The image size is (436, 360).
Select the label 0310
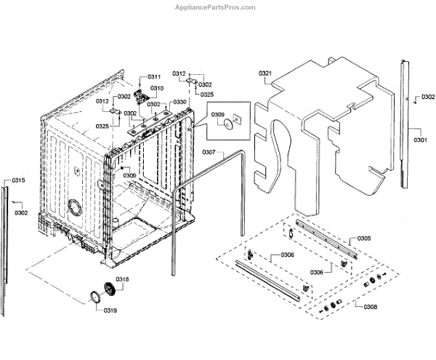158,88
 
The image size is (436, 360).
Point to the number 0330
179,102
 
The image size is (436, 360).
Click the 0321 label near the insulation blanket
265,73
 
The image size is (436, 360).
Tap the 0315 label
18,180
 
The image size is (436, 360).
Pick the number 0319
110,311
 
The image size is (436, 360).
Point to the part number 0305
364,239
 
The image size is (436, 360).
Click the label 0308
370,307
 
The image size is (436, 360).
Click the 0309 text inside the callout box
218,115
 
